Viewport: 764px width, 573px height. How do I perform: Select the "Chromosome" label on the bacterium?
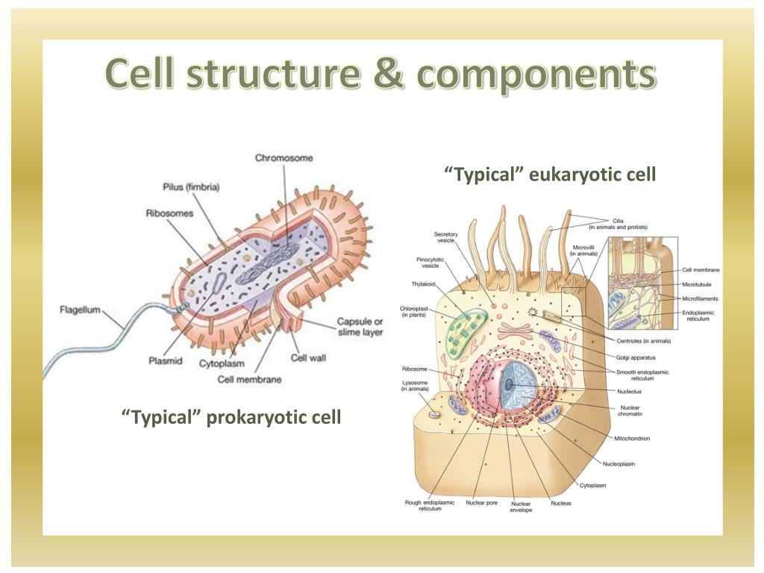click(284, 158)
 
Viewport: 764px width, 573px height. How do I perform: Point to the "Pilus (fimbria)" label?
click(191, 187)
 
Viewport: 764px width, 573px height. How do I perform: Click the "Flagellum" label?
click(79, 310)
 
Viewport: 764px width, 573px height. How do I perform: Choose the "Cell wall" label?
click(308, 358)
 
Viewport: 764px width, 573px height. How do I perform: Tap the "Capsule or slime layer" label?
click(360, 326)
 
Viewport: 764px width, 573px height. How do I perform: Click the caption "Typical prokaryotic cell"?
click(231, 416)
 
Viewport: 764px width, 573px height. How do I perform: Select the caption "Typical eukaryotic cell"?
click(550, 175)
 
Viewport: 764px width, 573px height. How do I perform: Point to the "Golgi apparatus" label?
click(636, 357)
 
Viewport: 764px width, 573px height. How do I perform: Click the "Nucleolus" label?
click(630, 391)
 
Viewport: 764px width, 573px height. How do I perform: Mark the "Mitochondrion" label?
click(631, 438)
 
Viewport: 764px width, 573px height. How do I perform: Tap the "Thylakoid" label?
click(423, 284)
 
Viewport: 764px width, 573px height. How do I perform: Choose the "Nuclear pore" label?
click(481, 503)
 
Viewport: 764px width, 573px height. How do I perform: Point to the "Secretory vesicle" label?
click(446, 237)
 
